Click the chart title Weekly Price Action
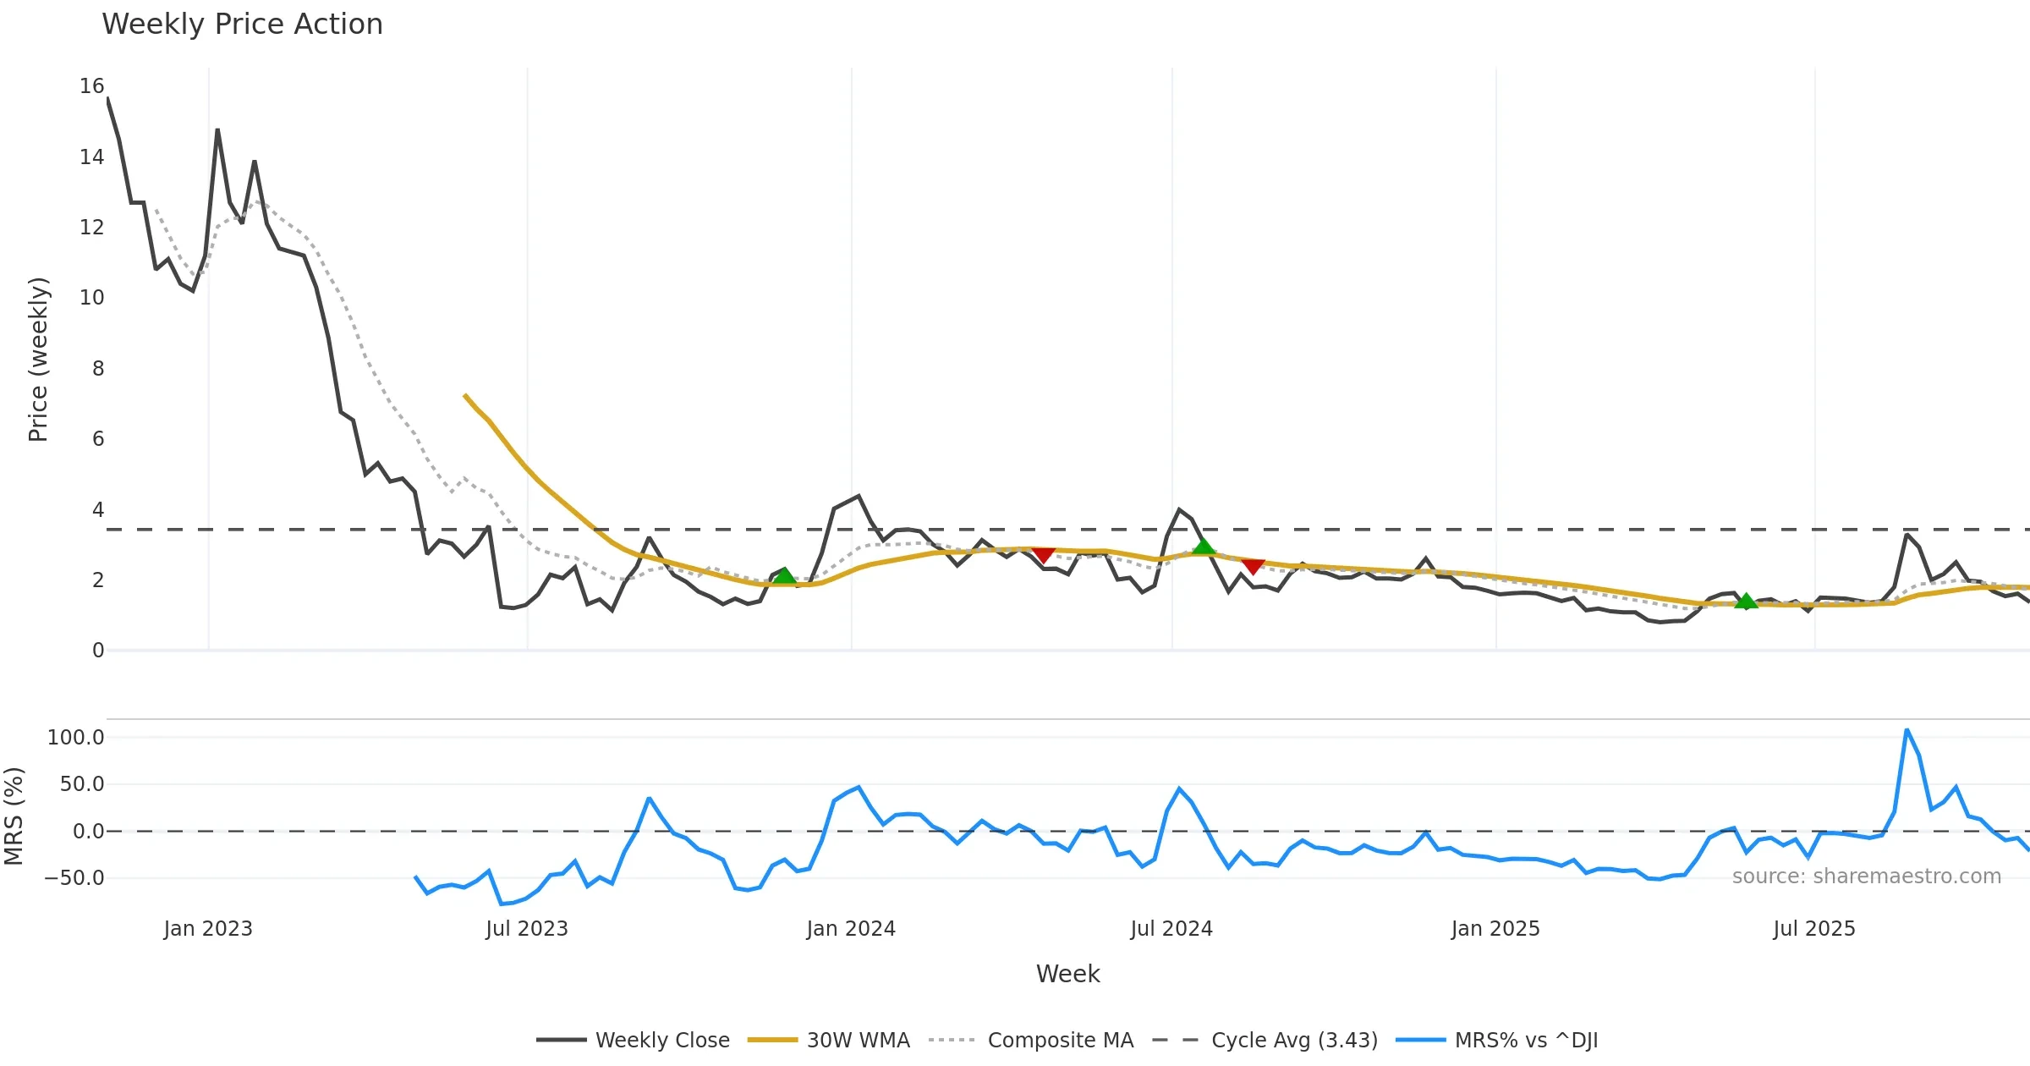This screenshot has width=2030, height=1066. pos(242,25)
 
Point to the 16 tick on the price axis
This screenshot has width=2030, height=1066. pos(92,86)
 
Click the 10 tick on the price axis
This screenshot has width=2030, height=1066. pos(92,298)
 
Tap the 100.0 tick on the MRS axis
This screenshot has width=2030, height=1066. pos(76,738)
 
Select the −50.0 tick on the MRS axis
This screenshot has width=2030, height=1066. pos(74,878)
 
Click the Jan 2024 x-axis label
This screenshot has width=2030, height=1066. pos(851,929)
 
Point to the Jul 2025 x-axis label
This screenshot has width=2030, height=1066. pos(1814,929)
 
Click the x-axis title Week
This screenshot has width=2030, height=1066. pos(1067,975)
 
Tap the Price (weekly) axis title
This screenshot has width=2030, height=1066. pos(39,360)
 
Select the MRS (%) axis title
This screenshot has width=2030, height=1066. pos(14,816)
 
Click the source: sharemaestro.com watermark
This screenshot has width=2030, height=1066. pos(1866,876)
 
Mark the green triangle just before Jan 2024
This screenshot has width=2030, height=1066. pos(784,576)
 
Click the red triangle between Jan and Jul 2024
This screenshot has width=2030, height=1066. pos(1044,555)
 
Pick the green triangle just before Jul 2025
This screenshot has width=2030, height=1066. pos(1746,602)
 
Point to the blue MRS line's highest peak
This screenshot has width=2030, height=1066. pos(1907,729)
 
